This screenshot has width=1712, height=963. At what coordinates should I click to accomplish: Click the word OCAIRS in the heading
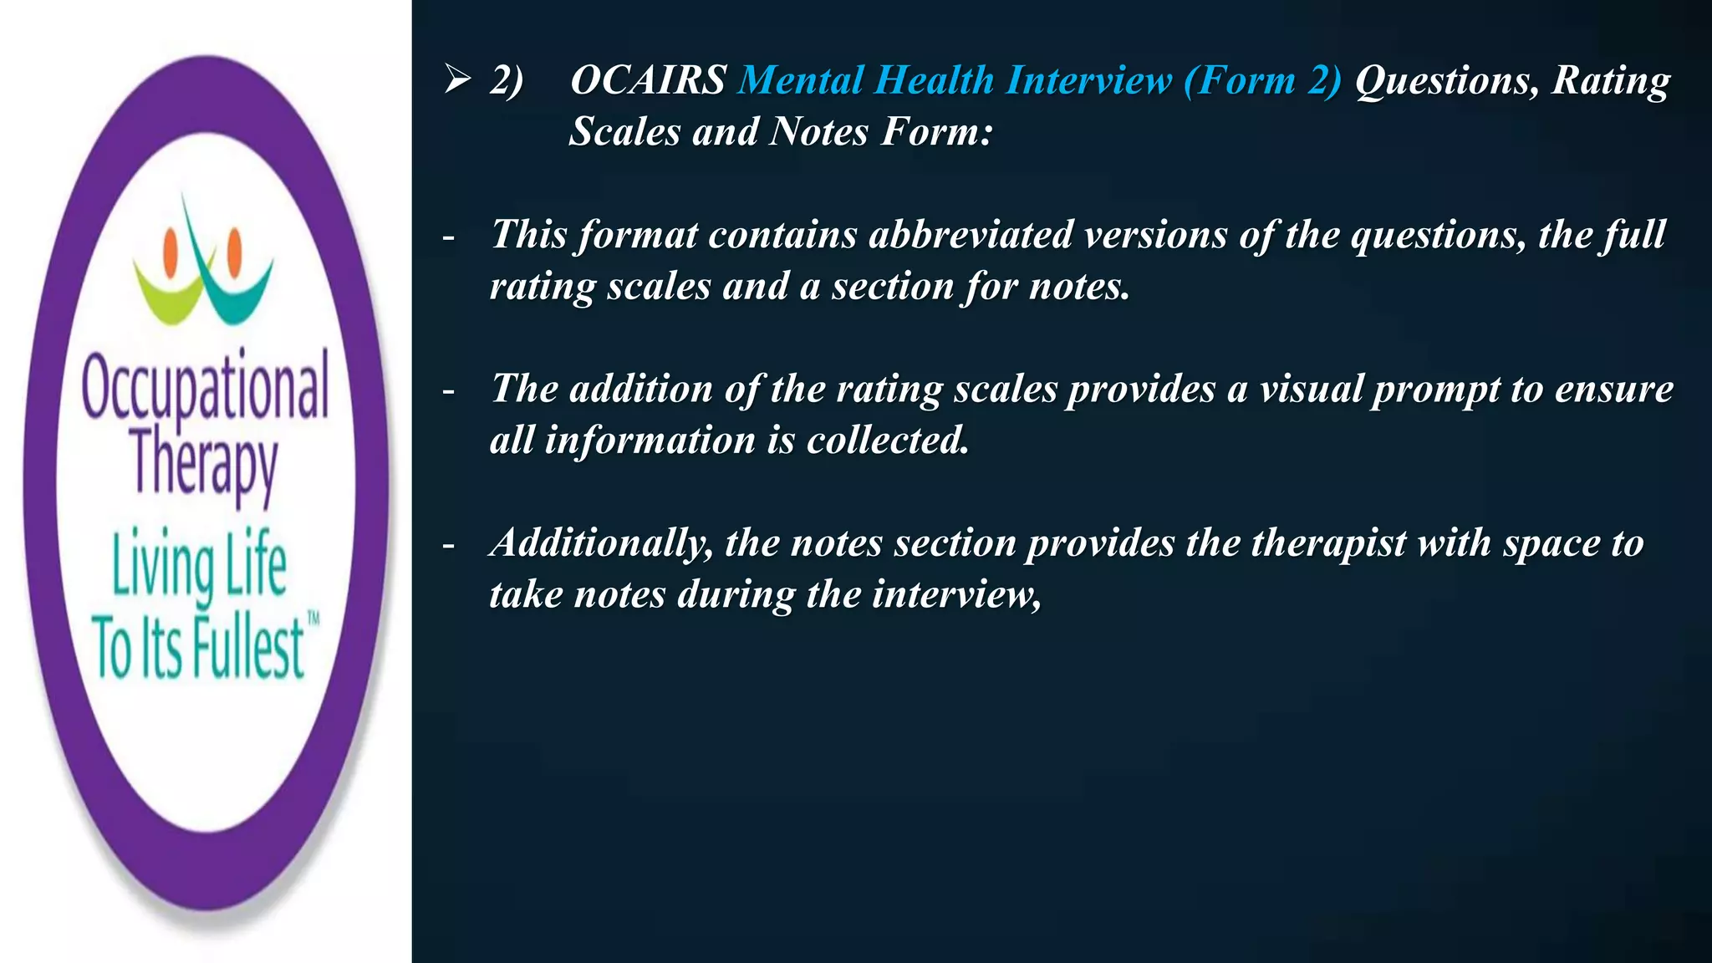648,81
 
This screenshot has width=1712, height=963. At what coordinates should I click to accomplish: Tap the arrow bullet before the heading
458,80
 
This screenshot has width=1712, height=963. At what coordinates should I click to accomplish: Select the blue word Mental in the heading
800,81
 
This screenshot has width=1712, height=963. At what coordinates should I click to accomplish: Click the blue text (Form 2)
1262,81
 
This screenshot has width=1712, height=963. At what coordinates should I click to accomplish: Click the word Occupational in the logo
206,386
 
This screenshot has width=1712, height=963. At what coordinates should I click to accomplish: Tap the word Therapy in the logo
204,464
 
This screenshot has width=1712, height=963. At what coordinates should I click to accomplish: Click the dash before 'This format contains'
449,237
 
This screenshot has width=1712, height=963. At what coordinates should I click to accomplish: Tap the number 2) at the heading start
507,81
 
